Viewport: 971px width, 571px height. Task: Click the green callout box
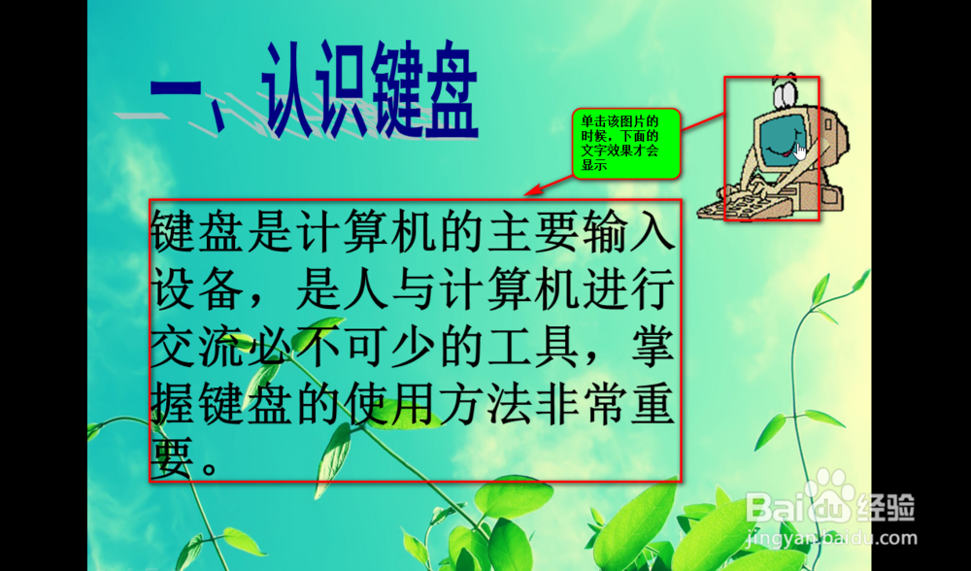click(x=626, y=144)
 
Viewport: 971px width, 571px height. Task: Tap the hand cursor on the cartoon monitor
click(x=800, y=151)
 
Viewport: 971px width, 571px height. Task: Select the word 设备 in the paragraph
click(x=197, y=288)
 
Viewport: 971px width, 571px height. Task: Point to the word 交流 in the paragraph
click(x=197, y=347)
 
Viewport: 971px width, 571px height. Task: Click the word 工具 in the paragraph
click(x=531, y=347)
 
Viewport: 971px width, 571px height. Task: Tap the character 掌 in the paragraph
click(x=653, y=347)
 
